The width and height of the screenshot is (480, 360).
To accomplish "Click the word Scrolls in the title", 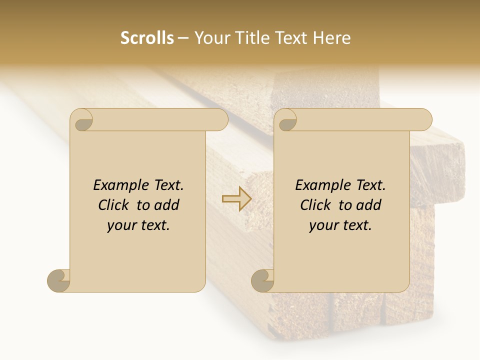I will [x=147, y=38].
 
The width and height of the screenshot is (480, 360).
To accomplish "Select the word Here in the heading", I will [x=332, y=38].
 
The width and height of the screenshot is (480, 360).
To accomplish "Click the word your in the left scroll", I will [x=120, y=226].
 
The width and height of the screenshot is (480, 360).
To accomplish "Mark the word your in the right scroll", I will [x=322, y=226].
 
